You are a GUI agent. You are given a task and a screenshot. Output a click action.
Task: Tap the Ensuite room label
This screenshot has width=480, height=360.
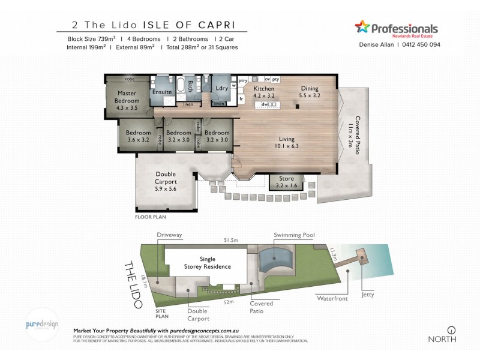click(161, 92)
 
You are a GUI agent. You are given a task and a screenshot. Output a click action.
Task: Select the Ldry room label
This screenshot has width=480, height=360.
click(221, 89)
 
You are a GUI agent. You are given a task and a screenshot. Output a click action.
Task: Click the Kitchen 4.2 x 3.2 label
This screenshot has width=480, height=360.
click(263, 92)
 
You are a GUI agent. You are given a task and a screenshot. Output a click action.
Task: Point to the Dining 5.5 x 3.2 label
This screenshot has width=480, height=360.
click(310, 92)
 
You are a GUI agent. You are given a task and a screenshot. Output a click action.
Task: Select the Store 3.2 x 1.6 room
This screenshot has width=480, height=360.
click(286, 182)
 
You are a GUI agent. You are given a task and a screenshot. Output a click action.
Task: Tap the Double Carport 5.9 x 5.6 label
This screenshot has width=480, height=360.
click(166, 181)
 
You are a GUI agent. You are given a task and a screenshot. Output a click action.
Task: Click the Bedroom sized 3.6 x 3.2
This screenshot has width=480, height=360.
click(138, 136)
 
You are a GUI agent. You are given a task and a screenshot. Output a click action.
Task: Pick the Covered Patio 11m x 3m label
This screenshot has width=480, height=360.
click(355, 135)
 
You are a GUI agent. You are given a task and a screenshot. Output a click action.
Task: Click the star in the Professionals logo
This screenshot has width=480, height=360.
click(362, 27)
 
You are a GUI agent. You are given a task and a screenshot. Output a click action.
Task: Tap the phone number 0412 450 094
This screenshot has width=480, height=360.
click(421, 44)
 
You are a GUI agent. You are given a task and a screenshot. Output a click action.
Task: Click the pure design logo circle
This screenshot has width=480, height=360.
click(43, 325)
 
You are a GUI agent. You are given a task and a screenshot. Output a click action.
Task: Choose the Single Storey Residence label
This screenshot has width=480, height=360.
click(207, 263)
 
